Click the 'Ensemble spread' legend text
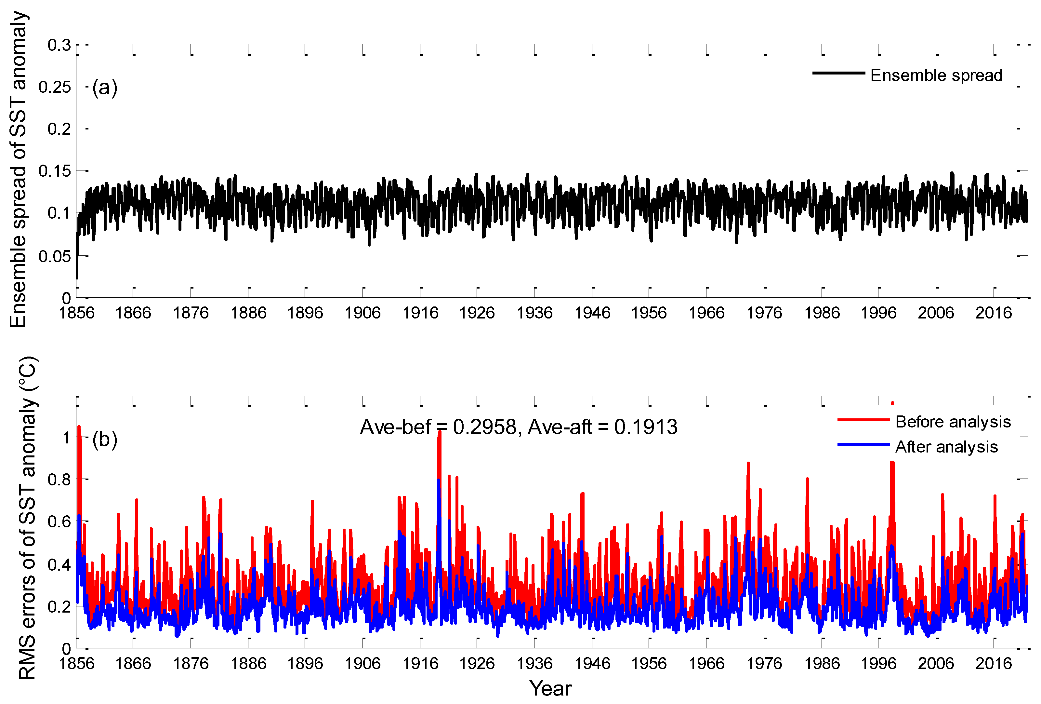pyautogui.click(x=936, y=75)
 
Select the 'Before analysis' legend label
pyautogui.click(x=953, y=422)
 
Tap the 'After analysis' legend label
pyautogui.click(x=946, y=447)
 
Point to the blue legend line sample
pyautogui.click(x=863, y=444)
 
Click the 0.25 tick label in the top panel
pyautogui.click(x=55, y=87)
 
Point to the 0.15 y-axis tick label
pyautogui.click(x=55, y=171)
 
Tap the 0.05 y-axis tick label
pyautogui.click(x=55, y=256)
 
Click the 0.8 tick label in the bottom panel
pyautogui.click(x=59, y=480)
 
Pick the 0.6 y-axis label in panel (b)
pyautogui.click(x=59, y=521)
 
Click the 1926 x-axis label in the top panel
pyautogui.click(x=477, y=313)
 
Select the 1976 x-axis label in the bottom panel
pyautogui.click(x=764, y=663)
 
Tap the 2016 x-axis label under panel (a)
pyautogui.click(x=994, y=313)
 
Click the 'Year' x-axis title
pyautogui.click(x=550, y=688)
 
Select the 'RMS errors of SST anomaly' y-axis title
pyautogui.click(x=28, y=518)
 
